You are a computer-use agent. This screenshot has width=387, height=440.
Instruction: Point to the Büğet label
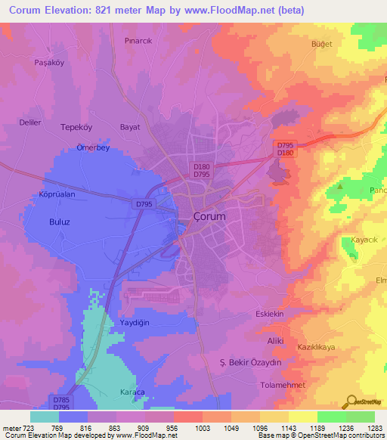(x=323, y=45)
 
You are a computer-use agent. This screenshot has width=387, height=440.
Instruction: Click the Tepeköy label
(x=76, y=128)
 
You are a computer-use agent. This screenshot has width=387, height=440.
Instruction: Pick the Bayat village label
(x=130, y=128)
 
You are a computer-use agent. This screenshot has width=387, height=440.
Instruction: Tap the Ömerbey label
(x=93, y=148)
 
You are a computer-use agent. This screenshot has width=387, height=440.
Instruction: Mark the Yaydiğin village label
(x=136, y=323)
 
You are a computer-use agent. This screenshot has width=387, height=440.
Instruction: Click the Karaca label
(x=133, y=392)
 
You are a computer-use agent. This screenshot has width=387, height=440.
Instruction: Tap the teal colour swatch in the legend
(x=45, y=416)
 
